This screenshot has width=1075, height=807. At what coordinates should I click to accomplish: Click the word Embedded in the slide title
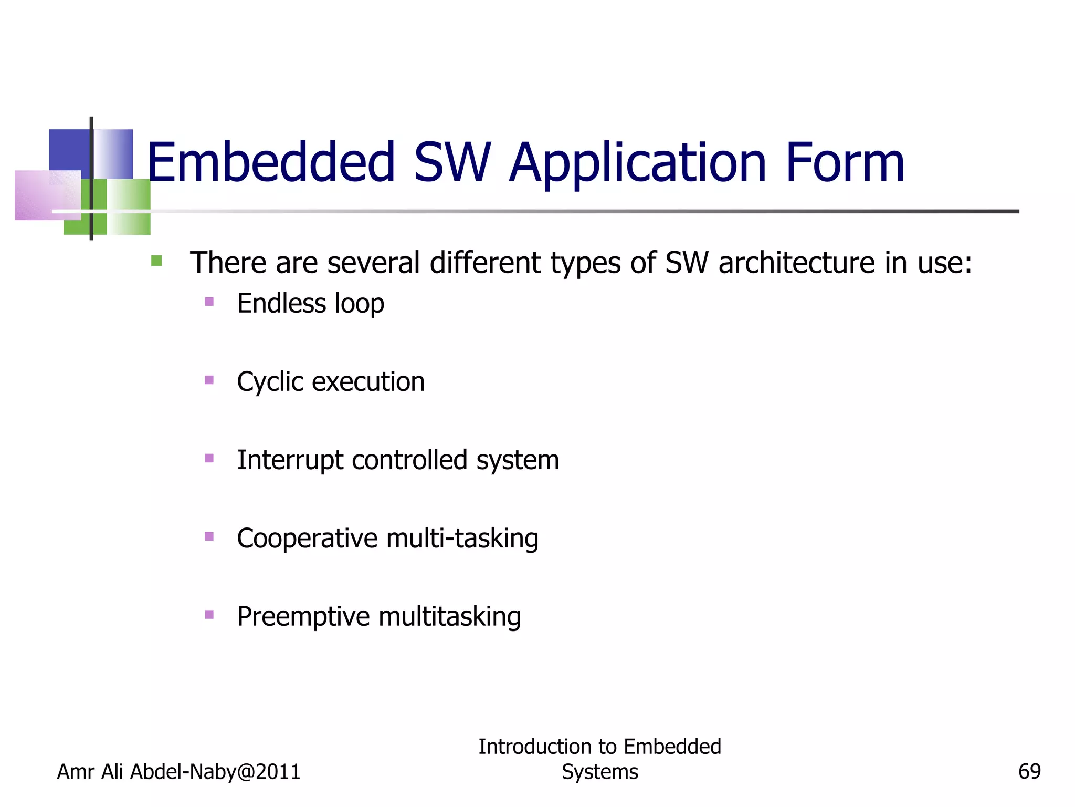(x=270, y=163)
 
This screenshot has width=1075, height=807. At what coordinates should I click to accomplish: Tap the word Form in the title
(x=845, y=163)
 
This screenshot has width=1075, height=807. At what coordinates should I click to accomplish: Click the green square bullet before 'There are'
(x=156, y=261)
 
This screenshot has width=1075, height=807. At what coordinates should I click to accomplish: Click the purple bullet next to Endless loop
(x=209, y=302)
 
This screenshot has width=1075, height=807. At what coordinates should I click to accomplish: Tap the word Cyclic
(x=270, y=382)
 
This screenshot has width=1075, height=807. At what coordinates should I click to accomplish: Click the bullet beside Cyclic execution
(x=209, y=380)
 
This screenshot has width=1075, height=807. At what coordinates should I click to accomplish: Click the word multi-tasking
(x=462, y=539)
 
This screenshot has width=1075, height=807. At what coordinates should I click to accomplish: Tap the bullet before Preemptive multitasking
(x=209, y=614)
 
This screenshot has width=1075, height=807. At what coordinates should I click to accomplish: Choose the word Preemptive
(x=303, y=617)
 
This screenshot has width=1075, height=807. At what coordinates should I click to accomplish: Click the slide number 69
(x=1029, y=772)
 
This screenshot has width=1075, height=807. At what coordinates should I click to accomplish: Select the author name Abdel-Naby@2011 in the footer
(x=215, y=772)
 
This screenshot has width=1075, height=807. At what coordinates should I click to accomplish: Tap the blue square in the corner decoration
(x=69, y=150)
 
